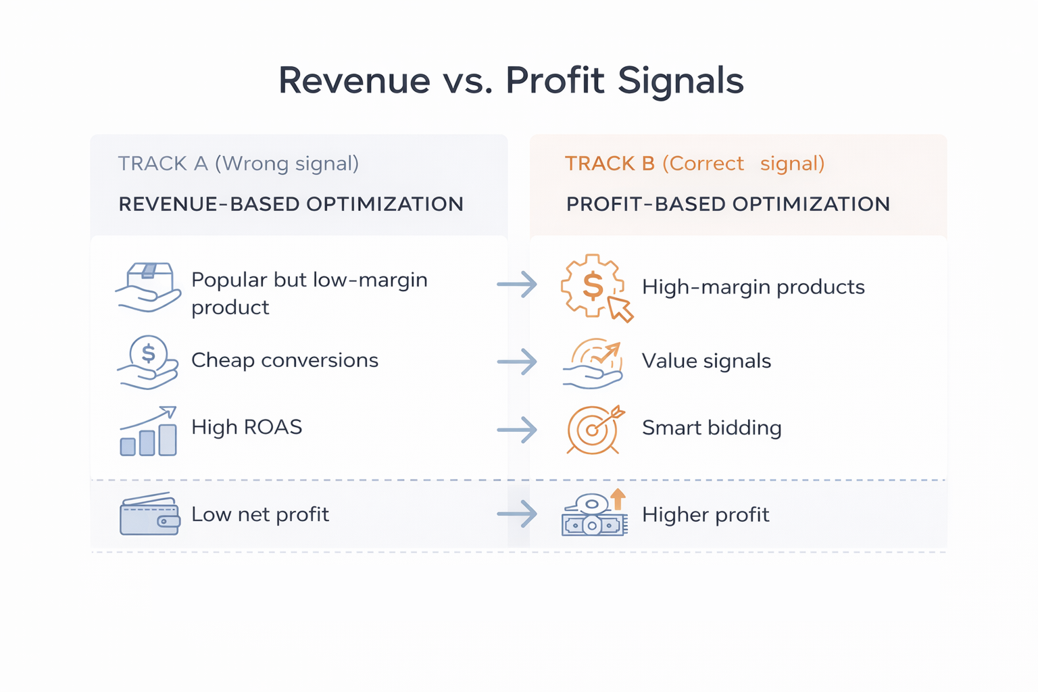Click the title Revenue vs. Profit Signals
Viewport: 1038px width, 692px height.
(511, 80)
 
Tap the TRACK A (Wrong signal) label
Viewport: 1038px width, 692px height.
(238, 164)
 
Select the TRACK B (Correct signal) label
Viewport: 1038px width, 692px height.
(694, 164)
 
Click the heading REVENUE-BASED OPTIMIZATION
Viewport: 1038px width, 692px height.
(291, 204)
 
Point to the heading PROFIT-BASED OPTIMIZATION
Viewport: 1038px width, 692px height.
(728, 204)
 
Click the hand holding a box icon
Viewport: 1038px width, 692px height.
(149, 287)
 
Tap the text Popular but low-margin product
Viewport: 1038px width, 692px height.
(309, 293)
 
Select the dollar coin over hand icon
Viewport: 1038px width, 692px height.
(148, 362)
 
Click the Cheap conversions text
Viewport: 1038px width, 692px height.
(285, 360)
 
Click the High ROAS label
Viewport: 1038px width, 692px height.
(247, 427)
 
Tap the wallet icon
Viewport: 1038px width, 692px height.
(149, 514)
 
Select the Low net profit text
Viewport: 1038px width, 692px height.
(260, 514)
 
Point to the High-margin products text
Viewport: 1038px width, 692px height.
(753, 287)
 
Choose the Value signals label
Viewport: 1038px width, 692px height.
(706, 361)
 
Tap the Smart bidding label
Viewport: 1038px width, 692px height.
(712, 428)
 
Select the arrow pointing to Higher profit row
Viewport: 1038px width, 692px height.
(517, 514)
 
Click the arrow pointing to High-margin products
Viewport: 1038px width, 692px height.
(517, 285)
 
